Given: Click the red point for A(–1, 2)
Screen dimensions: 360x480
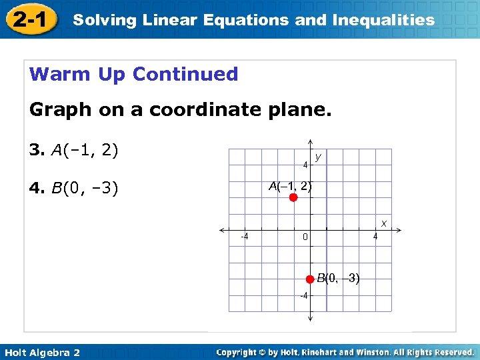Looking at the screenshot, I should (293, 197).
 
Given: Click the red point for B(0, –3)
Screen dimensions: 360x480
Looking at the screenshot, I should (309, 279).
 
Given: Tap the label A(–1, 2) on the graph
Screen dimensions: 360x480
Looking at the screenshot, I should (289, 186).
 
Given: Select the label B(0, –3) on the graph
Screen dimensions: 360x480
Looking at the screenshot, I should (338, 278).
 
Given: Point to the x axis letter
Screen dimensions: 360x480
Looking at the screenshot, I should (383, 221).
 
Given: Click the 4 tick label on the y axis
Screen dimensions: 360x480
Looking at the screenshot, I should (305, 165).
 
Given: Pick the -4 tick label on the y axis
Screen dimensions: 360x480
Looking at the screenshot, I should (303, 295).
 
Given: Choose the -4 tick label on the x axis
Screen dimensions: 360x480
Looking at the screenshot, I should (245, 236).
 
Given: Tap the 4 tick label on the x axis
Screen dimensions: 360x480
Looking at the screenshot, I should (375, 236).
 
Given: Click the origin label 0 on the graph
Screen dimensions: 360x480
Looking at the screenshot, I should (305, 237).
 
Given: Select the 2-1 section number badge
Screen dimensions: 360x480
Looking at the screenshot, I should (29, 19).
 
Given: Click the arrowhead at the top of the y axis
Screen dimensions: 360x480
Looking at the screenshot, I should (310, 142).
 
